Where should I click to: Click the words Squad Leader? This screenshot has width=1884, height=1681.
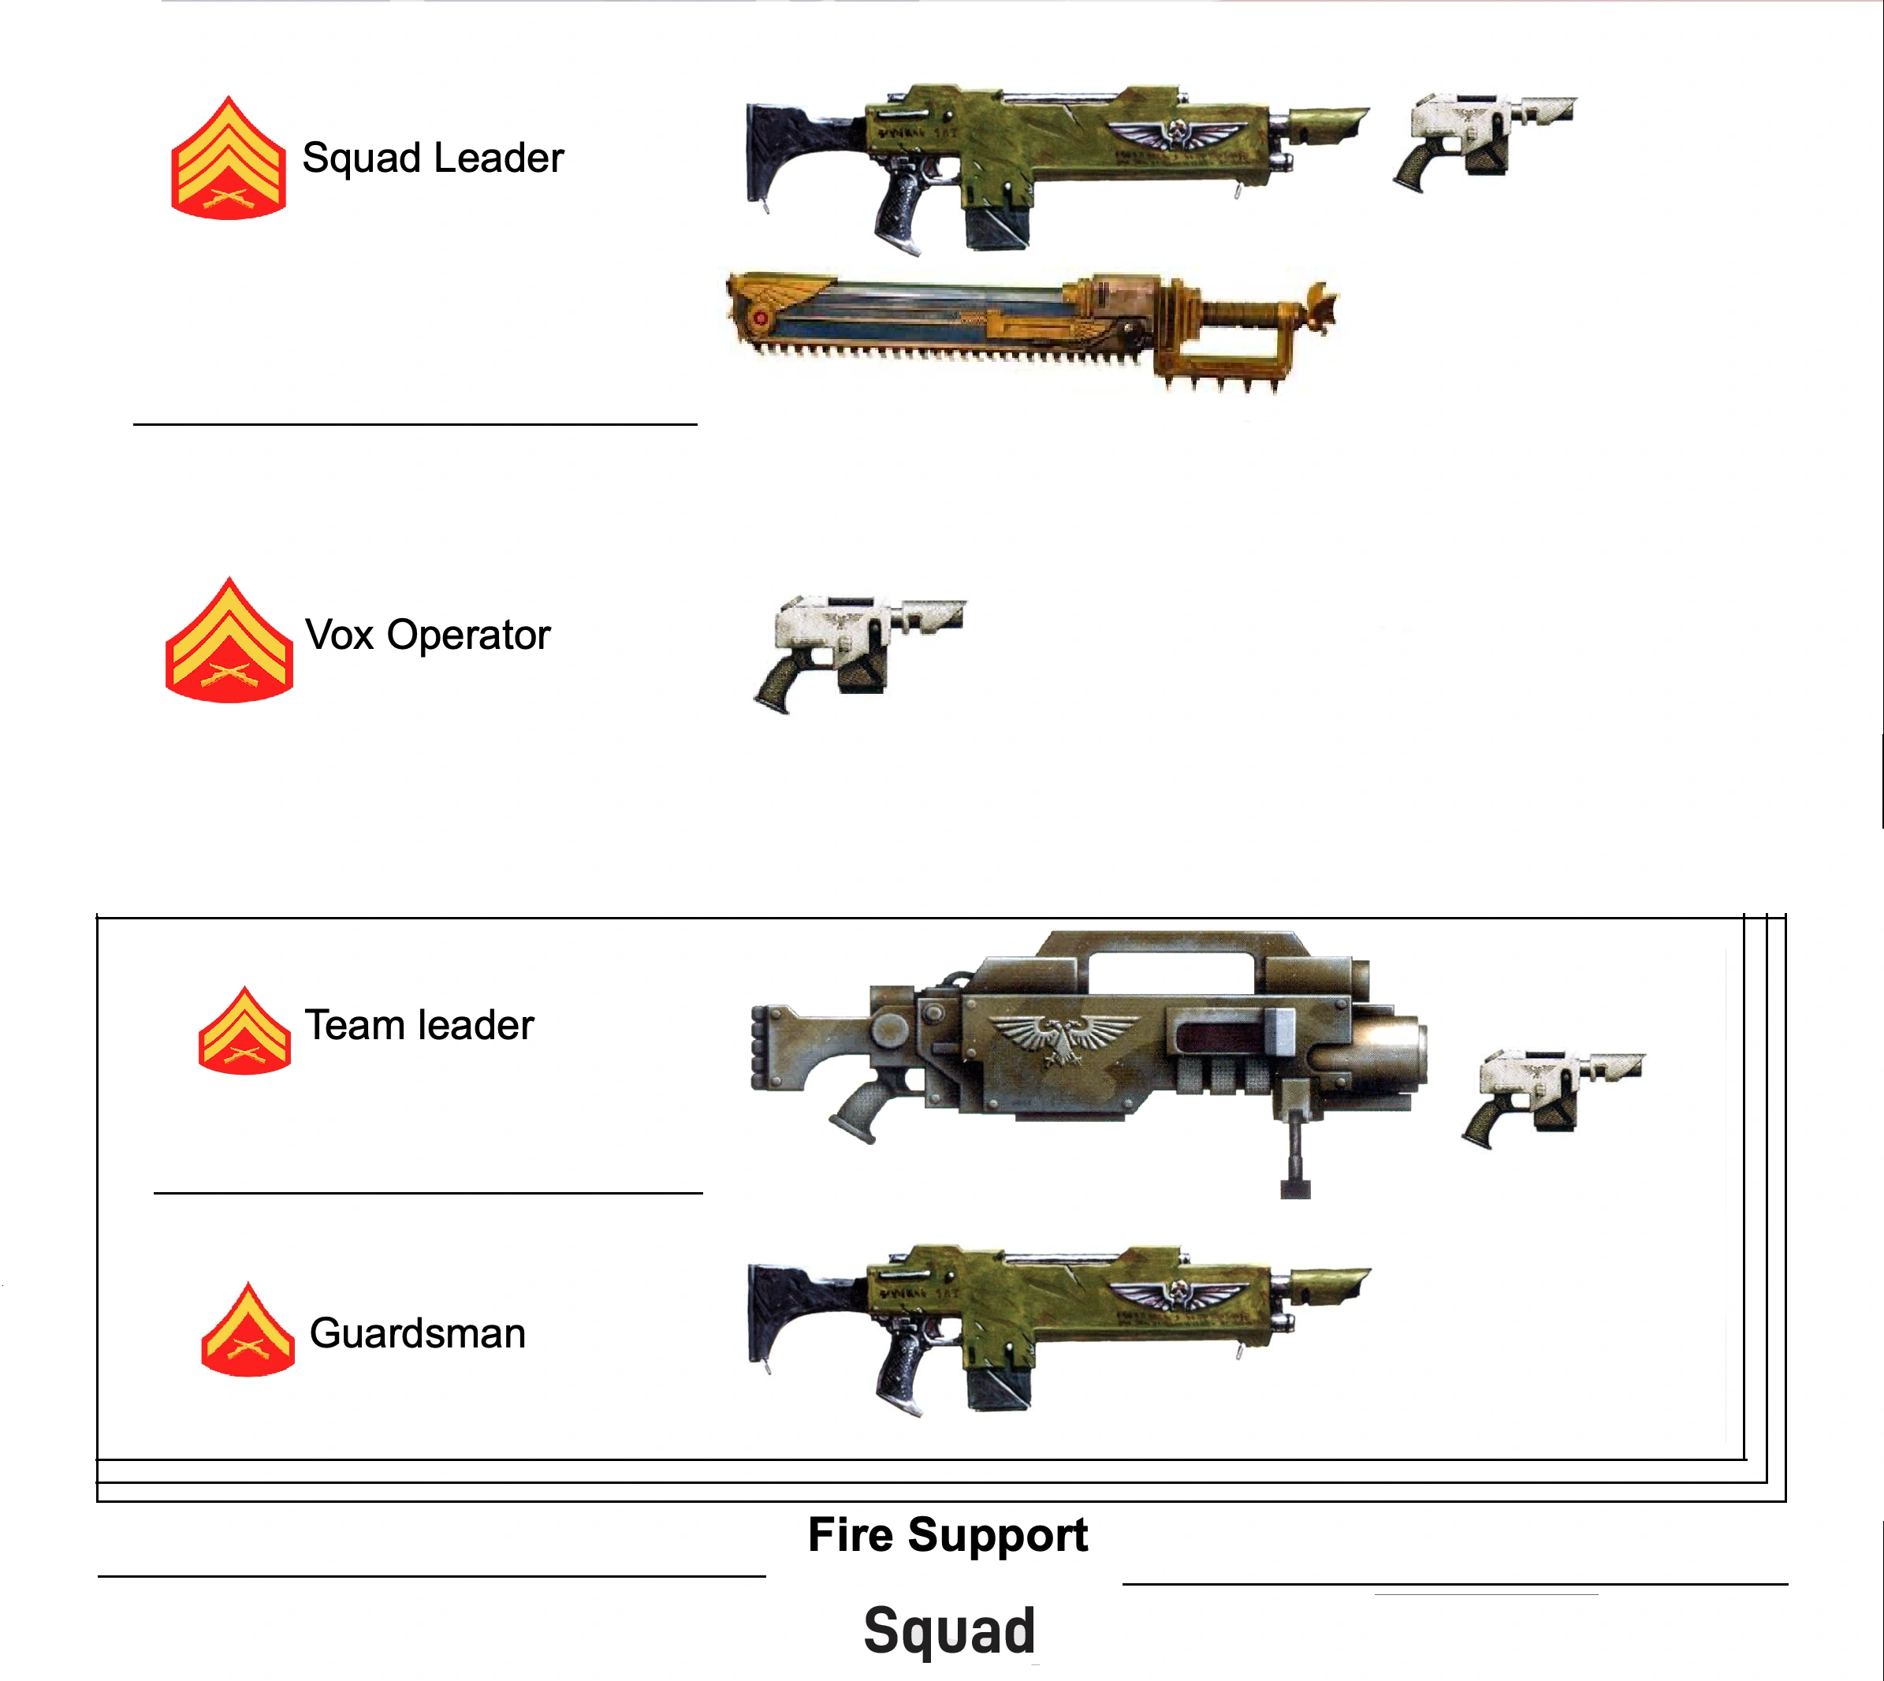point(432,158)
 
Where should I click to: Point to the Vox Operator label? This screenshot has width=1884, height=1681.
point(427,635)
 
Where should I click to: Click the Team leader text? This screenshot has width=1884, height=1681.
point(419,1025)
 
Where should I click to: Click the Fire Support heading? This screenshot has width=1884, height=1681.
point(948,1535)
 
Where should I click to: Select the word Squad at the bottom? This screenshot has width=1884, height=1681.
point(949,1631)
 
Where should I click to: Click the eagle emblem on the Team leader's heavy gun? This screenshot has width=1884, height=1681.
point(1064,1038)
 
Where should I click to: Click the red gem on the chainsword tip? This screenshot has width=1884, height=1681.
point(761,319)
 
